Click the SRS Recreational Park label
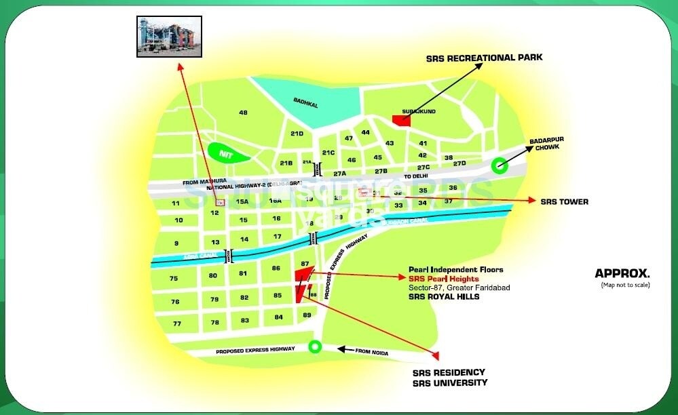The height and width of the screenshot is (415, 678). [484, 58]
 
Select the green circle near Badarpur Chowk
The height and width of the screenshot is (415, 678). [500, 164]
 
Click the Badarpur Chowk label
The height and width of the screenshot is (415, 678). [549, 143]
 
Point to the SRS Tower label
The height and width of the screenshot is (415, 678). [564, 201]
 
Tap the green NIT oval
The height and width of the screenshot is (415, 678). [226, 154]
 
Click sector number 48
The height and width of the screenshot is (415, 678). [243, 113]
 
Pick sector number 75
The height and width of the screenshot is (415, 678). [174, 279]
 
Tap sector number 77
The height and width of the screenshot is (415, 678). [176, 323]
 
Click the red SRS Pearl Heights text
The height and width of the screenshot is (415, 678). [443, 279]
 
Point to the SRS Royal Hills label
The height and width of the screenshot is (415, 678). [444, 297]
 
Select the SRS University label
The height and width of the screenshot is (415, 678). [450, 383]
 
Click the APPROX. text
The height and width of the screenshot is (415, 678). [622, 274]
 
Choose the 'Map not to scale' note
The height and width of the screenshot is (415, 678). [625, 285]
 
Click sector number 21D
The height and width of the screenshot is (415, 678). [297, 134]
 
